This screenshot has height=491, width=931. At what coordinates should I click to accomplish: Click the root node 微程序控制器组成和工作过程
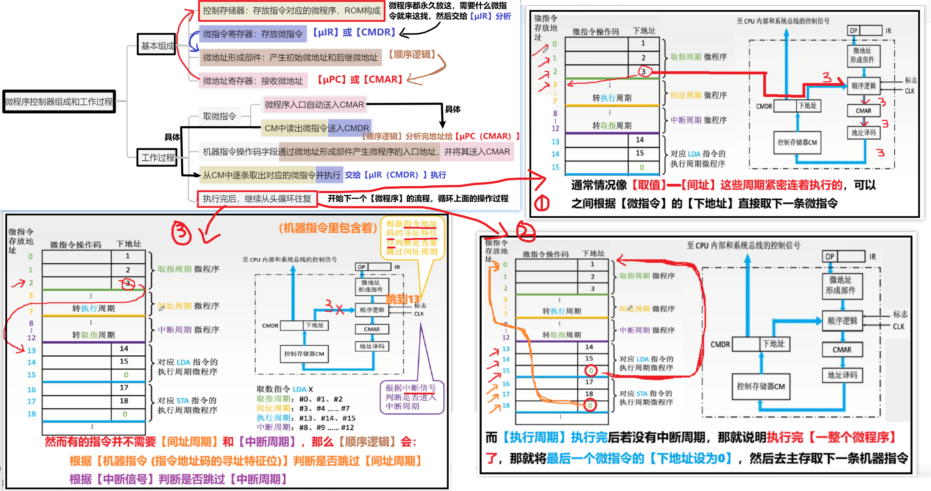click(x=59, y=101)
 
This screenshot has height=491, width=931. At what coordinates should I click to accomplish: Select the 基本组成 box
click(x=157, y=45)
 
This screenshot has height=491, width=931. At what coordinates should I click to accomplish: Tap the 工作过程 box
click(x=157, y=157)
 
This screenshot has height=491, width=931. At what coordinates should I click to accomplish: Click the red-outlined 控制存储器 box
click(x=292, y=11)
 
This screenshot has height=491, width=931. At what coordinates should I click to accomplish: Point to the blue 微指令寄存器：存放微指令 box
click(x=253, y=34)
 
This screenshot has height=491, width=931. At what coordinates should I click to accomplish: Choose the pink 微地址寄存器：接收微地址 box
click(x=253, y=81)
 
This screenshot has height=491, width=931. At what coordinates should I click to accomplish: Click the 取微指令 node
click(x=219, y=117)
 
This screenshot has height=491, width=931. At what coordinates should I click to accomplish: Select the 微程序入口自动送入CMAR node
click(x=314, y=105)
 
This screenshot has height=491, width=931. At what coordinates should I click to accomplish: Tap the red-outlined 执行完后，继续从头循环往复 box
click(x=257, y=199)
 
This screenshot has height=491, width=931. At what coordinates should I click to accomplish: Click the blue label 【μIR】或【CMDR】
click(x=354, y=32)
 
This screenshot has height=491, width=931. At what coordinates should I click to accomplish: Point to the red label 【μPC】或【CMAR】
click(x=360, y=79)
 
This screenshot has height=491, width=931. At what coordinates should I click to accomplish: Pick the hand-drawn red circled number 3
click(x=181, y=233)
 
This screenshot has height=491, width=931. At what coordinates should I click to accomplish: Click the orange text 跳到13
click(x=403, y=299)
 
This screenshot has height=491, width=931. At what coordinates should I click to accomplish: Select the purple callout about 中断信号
click(x=412, y=397)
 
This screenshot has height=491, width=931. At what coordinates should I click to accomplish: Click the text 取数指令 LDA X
click(x=285, y=389)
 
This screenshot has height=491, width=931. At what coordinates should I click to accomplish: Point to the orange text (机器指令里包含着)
click(x=328, y=228)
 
